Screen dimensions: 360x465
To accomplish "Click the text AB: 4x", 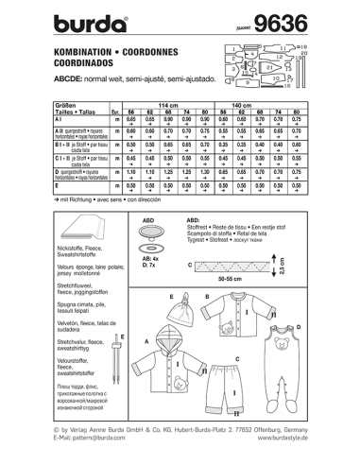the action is [x=147, y=255].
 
